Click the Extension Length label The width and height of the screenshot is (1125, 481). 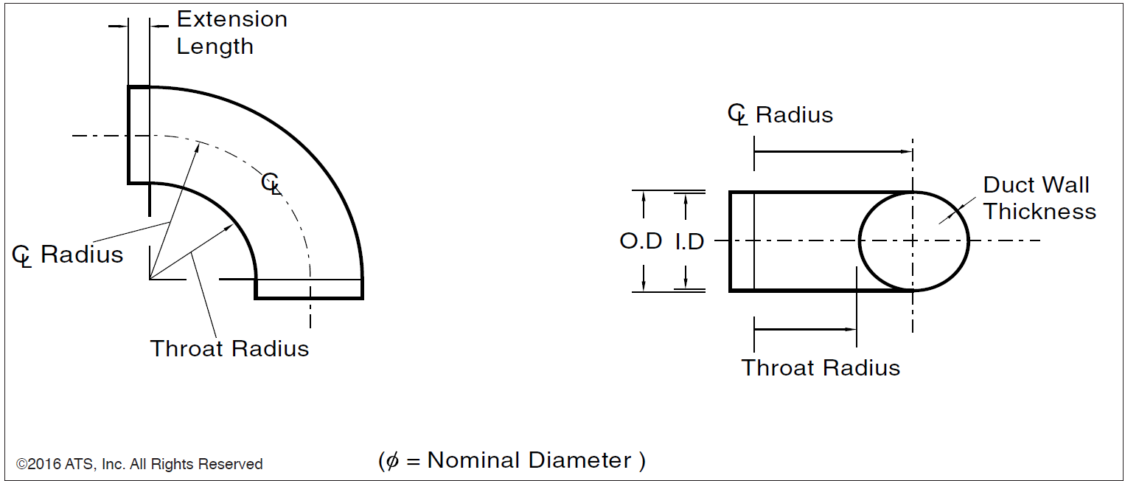[x=231, y=32]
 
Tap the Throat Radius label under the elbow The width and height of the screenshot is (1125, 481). [x=229, y=348]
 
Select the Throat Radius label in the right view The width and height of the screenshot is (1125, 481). [x=821, y=367]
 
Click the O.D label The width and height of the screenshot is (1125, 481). [x=641, y=241]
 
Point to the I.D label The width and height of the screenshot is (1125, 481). [x=689, y=241]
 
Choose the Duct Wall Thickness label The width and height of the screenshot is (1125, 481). [x=1039, y=198]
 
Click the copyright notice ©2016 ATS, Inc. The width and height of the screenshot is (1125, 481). [x=139, y=464]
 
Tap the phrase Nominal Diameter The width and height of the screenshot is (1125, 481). [x=529, y=460]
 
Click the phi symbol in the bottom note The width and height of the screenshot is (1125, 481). [x=391, y=461]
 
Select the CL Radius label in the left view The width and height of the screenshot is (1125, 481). [x=68, y=255]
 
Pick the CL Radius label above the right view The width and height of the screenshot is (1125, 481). [x=780, y=115]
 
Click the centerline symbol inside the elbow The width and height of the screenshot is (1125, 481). [x=271, y=183]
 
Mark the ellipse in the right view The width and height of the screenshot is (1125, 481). [x=914, y=241]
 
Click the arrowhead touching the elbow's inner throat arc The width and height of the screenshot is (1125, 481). [x=229, y=229]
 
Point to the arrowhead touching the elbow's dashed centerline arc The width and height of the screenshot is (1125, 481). [x=198, y=145]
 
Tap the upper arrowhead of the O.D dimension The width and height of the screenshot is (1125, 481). [x=644, y=196]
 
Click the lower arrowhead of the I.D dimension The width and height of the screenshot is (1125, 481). [x=686, y=286]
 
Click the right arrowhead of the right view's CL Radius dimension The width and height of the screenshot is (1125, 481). [x=908, y=151]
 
